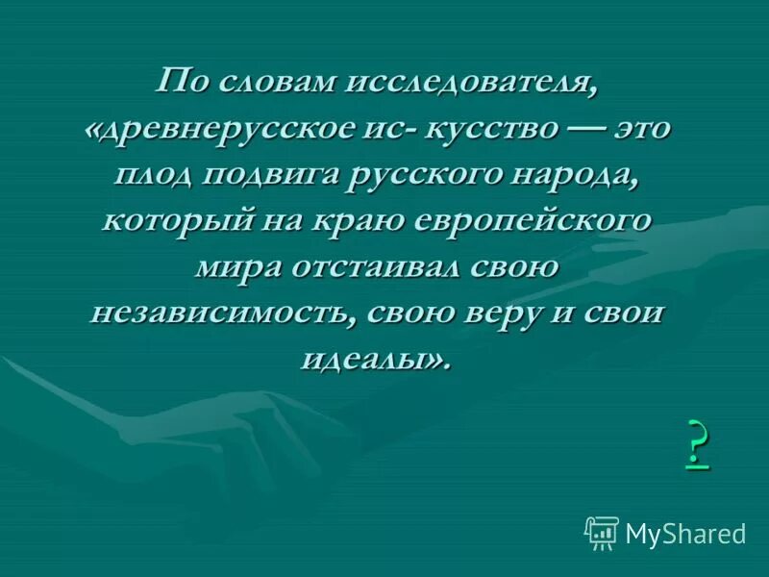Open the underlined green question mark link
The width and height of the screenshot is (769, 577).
(x=698, y=444)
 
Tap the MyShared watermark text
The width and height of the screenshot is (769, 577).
(x=685, y=533)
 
